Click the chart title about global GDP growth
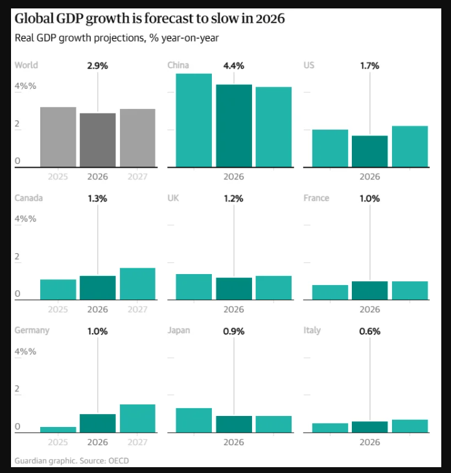pyautogui.click(x=150, y=19)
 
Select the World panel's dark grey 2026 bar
pyautogui.click(x=98, y=140)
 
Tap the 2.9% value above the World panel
pyautogui.click(x=98, y=65)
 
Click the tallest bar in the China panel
pyautogui.click(x=194, y=121)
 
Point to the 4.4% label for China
pyautogui.click(x=234, y=65)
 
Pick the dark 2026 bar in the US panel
pyautogui.click(x=370, y=151)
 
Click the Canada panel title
pyautogui.click(x=29, y=198)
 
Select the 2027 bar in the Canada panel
pyautogui.click(x=137, y=284)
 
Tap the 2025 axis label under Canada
pyautogui.click(x=58, y=310)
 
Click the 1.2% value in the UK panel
pyautogui.click(x=234, y=198)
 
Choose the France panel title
pyautogui.click(x=316, y=198)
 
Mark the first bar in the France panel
pyautogui.click(x=330, y=292)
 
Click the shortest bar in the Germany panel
pyautogui.click(x=58, y=429)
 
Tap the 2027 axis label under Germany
pyautogui.click(x=137, y=442)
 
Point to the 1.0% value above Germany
pyautogui.click(x=98, y=331)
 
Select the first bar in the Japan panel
pyautogui.click(x=194, y=420)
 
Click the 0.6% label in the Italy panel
pyautogui.click(x=370, y=331)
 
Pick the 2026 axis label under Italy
pyautogui.click(x=370, y=442)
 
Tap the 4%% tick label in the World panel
pyautogui.click(x=26, y=86)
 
